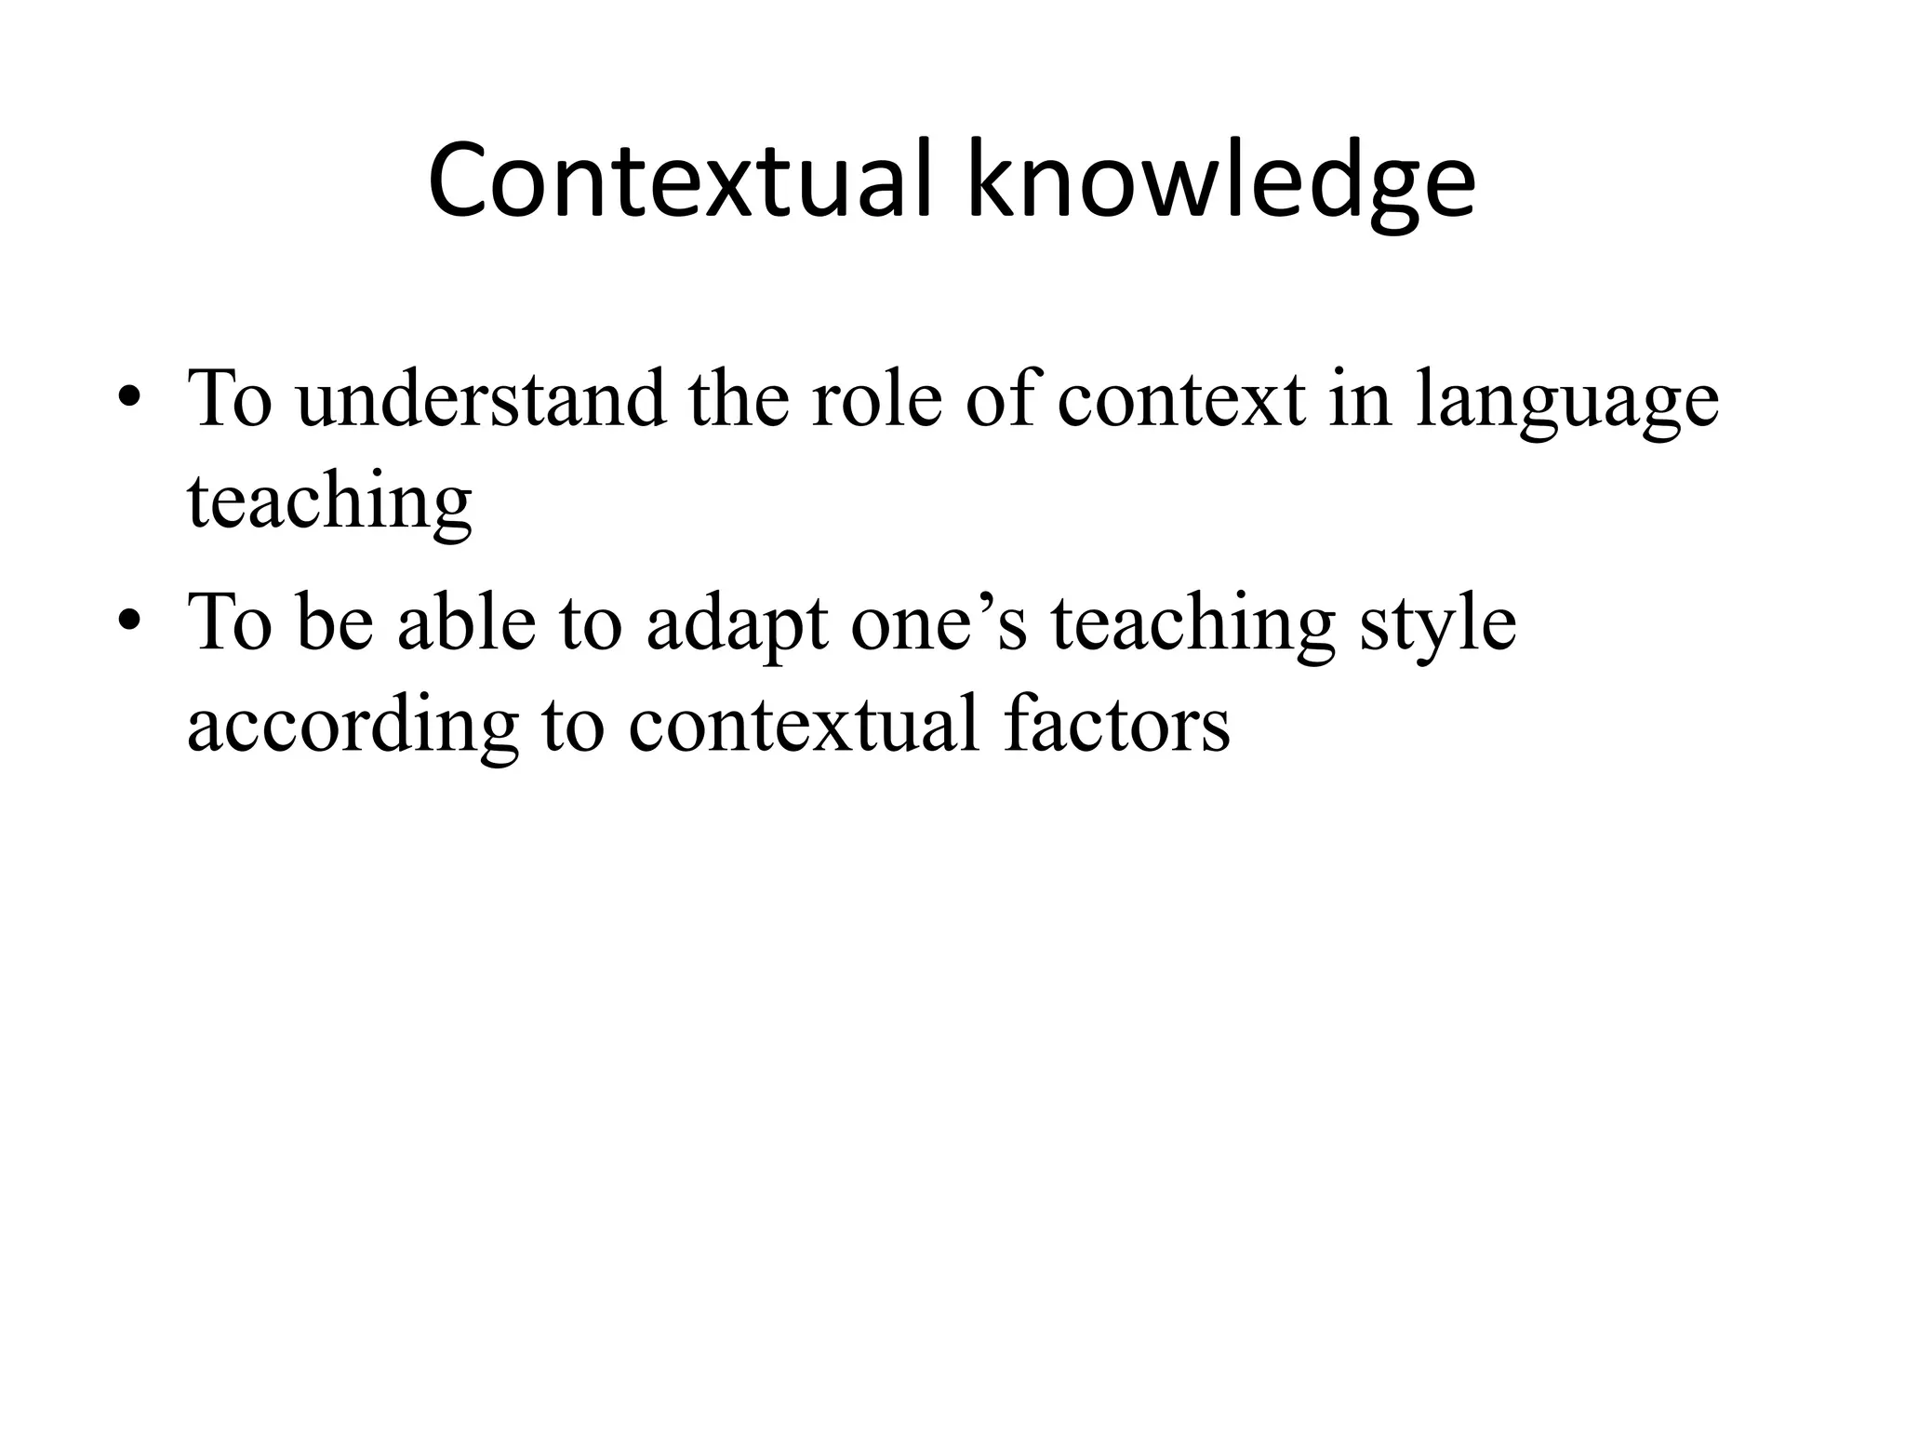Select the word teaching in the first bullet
coord(329,502)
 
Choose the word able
coord(466,621)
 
